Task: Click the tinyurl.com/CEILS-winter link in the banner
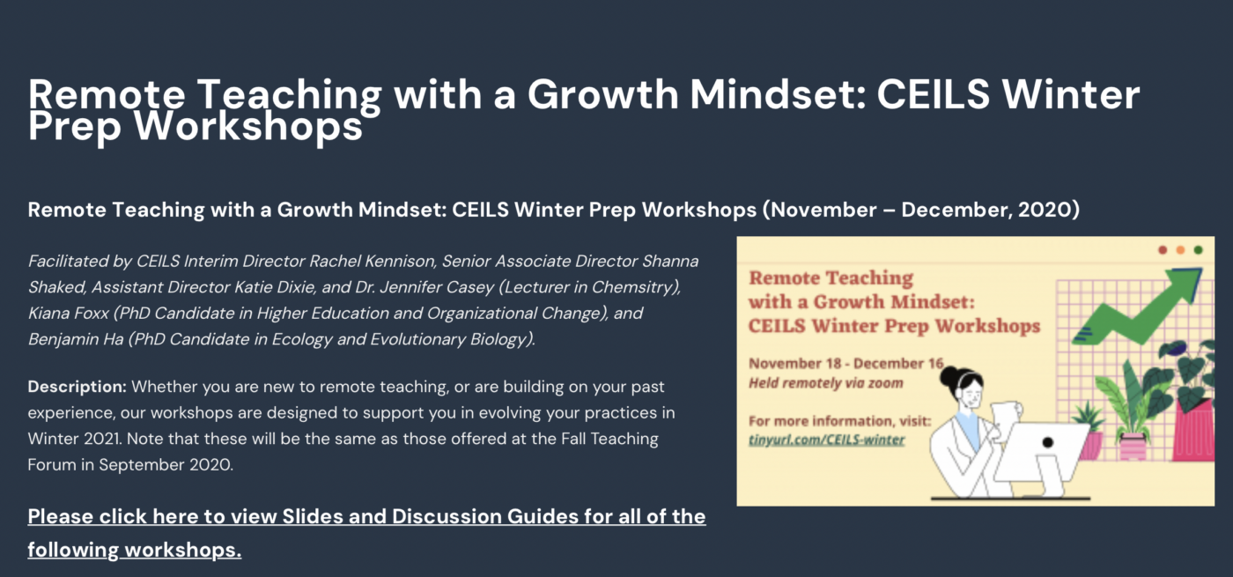coord(826,440)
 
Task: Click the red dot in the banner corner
coord(1163,250)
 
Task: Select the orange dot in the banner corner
coord(1180,250)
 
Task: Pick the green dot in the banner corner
coord(1198,250)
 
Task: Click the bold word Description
coord(78,387)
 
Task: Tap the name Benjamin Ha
coord(76,339)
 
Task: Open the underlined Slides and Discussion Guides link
coord(366,533)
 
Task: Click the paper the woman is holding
coord(1005,418)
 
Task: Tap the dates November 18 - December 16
coord(846,363)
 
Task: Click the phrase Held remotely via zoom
coord(826,383)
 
